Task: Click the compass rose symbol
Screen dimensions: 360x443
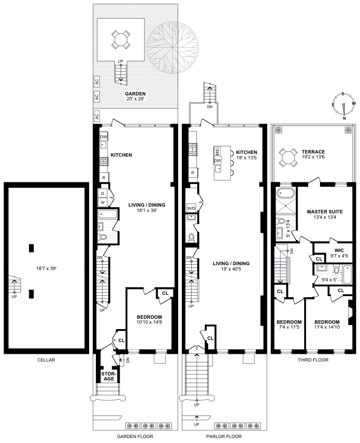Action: coord(343,105)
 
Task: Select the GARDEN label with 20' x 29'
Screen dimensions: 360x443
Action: coord(135,96)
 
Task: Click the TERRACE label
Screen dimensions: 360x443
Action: coord(313,152)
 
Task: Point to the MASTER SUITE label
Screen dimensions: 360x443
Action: coord(325,212)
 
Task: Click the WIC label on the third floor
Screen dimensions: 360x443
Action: coord(339,250)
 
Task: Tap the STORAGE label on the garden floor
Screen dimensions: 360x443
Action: coord(109,376)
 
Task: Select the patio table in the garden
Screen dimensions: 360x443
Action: coord(121,39)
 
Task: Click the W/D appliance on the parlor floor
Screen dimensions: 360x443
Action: coord(191,208)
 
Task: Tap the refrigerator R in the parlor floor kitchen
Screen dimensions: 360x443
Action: coord(193,172)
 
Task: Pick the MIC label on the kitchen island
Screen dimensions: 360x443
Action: coord(217,151)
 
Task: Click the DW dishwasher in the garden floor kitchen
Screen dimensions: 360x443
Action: coord(103,136)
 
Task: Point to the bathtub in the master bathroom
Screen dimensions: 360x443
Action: coord(285,194)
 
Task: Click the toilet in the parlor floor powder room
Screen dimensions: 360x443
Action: coord(191,237)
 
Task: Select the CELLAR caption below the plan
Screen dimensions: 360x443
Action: coord(46,360)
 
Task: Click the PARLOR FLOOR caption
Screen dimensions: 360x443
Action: coord(224,436)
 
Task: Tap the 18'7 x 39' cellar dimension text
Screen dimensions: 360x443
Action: coord(46,268)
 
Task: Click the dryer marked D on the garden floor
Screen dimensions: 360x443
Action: coord(103,194)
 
